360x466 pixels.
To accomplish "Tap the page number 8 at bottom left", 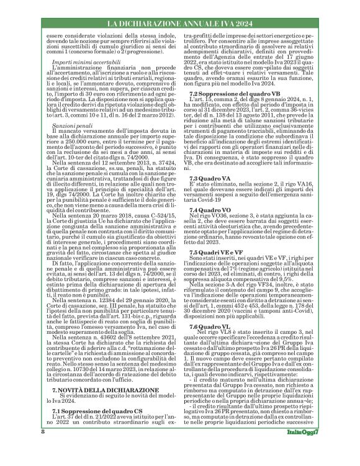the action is click(x=25, y=449).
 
